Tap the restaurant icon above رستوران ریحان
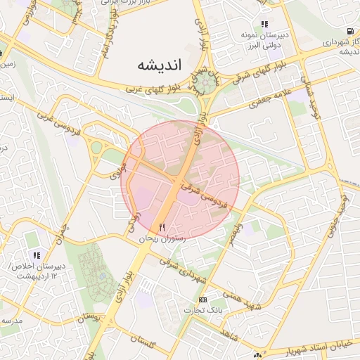[x=162, y=227]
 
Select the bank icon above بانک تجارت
[x=203, y=300]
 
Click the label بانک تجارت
[x=203, y=310]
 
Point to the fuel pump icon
[x=349, y=31]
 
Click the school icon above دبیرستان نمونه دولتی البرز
[x=265, y=24]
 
